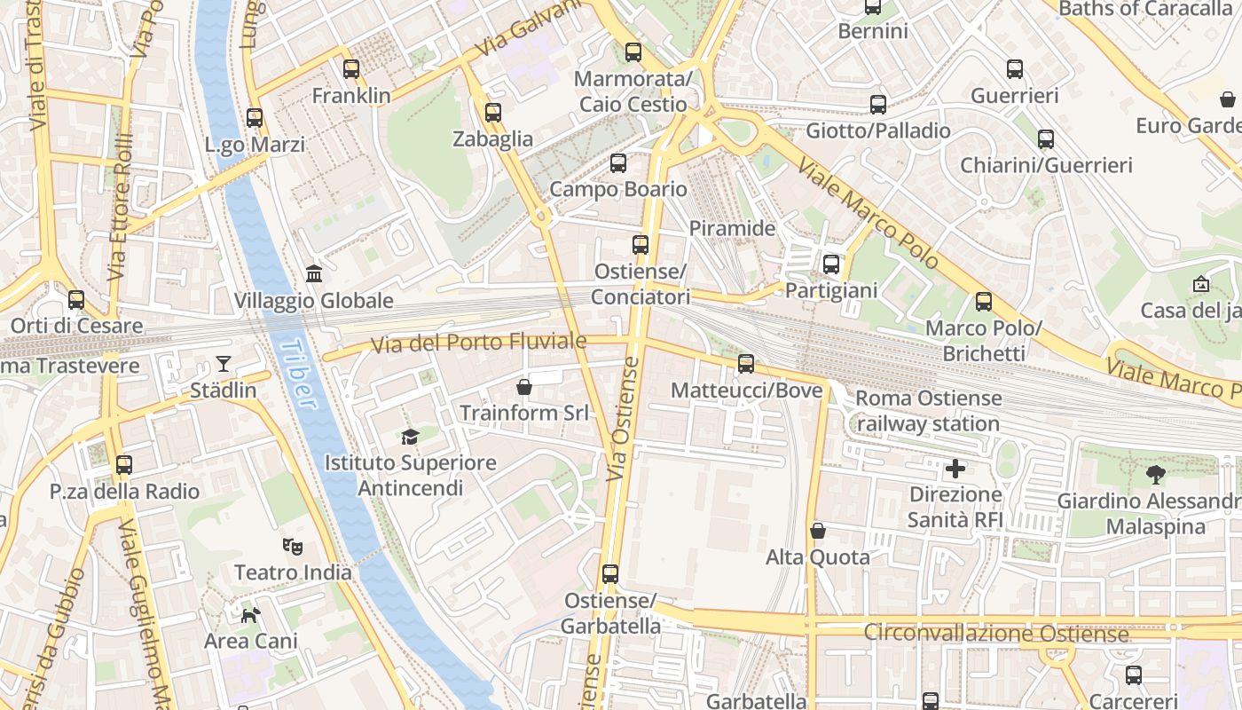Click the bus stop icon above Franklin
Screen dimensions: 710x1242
tap(351, 68)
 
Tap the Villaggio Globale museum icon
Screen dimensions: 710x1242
tap(313, 273)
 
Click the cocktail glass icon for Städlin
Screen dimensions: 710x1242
tap(223, 363)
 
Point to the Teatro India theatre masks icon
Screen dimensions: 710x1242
tap(292, 546)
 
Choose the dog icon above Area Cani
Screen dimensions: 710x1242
tap(251, 613)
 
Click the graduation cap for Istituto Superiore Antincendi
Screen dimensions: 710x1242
tap(410, 436)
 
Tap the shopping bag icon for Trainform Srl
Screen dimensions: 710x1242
tap(524, 386)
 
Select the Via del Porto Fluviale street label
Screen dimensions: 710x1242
tap(478, 343)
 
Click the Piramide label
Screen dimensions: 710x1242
tap(733, 228)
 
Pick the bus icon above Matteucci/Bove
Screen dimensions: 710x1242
tap(746, 363)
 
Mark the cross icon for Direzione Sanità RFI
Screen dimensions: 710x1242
tap(955, 468)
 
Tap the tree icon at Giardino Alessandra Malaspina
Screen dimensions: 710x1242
tap(1155, 474)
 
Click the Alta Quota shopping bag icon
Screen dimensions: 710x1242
tap(818, 531)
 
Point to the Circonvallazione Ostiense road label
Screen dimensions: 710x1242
tap(995, 634)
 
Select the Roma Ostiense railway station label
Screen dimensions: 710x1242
tap(929, 411)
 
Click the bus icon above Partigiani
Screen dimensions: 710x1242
tap(831, 264)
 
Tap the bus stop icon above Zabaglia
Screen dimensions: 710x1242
tap(493, 113)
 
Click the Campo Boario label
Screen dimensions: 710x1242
tap(618, 189)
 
